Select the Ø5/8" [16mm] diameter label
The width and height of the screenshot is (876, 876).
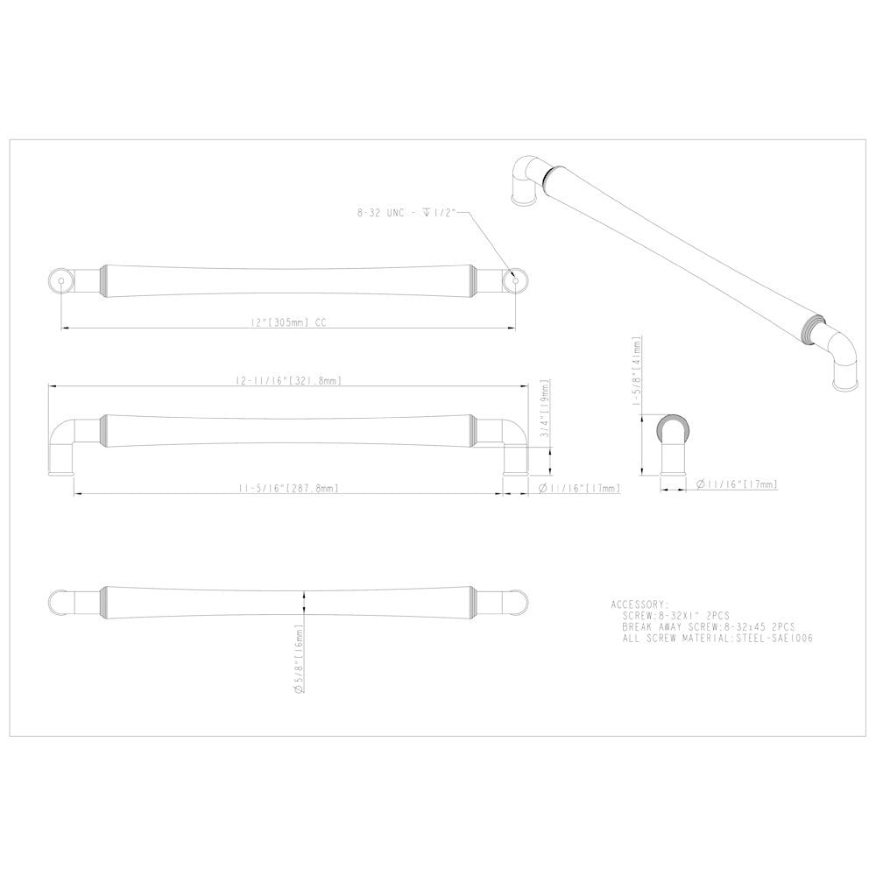(x=299, y=659)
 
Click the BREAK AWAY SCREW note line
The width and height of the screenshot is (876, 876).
(x=708, y=627)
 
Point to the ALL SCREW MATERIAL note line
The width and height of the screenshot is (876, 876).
(x=717, y=639)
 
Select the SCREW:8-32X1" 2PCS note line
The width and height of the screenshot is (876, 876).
(x=682, y=617)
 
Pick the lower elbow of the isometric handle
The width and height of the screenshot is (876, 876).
(x=842, y=359)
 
